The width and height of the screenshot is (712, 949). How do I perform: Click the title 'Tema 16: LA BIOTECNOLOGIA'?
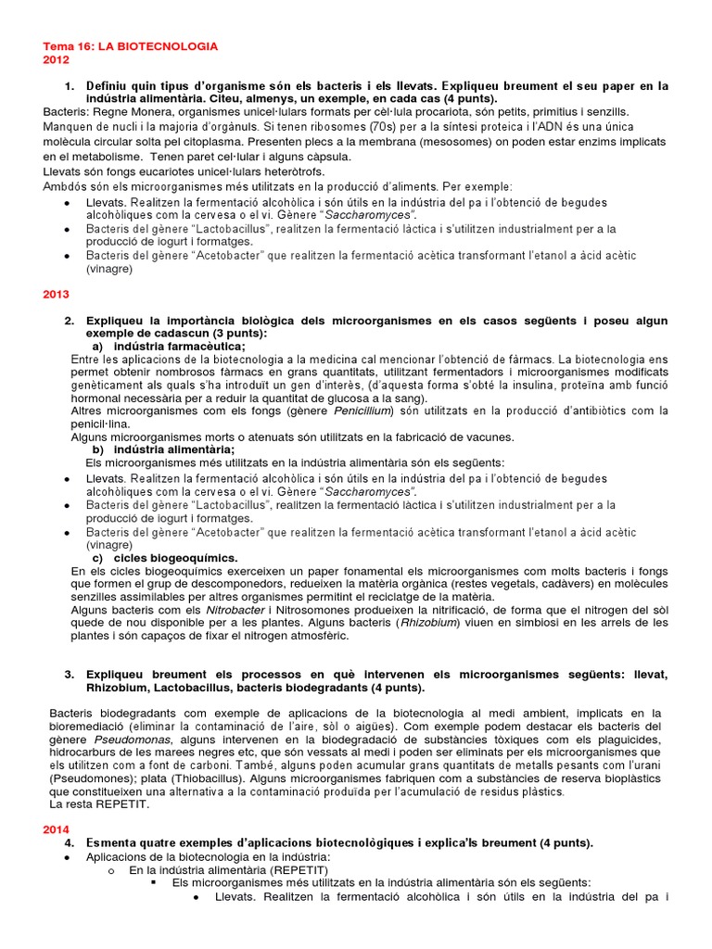[x=131, y=44]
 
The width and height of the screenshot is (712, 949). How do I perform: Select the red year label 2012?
[x=57, y=59]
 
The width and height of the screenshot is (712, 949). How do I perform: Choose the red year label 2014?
[x=57, y=829]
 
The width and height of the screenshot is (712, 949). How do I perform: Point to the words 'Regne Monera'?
[x=121, y=112]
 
